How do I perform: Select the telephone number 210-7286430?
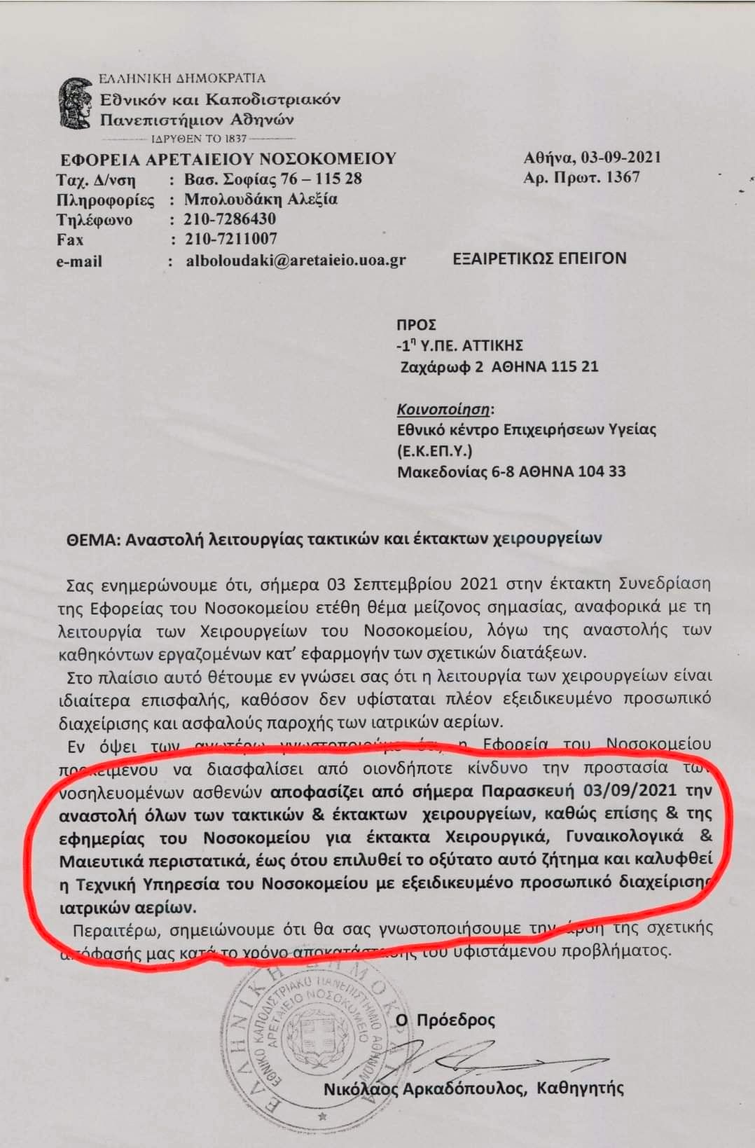(230, 219)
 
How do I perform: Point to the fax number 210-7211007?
(231, 239)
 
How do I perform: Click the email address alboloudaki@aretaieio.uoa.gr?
(296, 261)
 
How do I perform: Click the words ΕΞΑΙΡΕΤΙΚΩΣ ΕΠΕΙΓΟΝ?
(539, 258)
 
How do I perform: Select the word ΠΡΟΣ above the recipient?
(416, 325)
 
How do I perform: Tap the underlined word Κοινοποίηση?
(443, 409)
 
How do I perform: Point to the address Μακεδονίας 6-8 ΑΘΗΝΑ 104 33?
(511, 471)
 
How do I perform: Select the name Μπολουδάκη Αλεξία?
(261, 199)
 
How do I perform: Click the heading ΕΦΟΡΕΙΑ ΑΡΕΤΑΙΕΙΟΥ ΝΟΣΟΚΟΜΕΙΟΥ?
(228, 159)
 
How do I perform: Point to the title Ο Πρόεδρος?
(445, 1020)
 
